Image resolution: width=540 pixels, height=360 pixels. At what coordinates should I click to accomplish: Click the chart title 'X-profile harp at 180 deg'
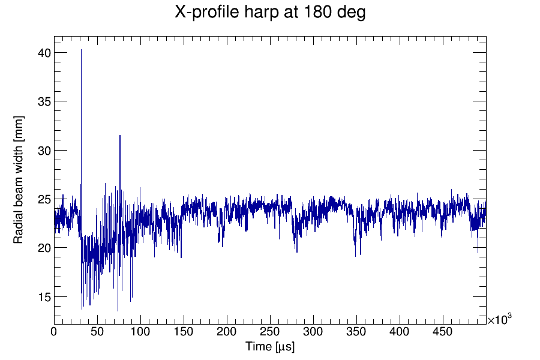click(270, 12)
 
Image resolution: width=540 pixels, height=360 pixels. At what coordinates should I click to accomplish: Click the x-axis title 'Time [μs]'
click(269, 347)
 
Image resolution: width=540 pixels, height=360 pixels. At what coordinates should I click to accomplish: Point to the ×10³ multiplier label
click(499, 320)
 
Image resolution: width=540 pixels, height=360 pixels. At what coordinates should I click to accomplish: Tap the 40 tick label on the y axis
click(43, 53)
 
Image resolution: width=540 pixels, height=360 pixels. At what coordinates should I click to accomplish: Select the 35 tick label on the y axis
click(43, 101)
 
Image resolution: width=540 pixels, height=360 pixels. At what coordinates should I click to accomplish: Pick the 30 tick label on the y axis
click(43, 151)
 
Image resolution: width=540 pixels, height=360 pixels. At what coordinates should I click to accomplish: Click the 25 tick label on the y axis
click(43, 199)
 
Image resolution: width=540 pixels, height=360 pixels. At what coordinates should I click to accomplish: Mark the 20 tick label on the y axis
click(43, 248)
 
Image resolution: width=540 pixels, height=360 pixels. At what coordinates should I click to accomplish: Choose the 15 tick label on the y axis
click(43, 297)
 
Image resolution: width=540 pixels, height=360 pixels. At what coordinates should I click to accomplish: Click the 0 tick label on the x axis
click(54, 331)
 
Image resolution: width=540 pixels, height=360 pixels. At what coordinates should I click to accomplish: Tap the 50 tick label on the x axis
click(97, 331)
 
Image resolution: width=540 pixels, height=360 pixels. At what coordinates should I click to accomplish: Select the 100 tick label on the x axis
click(140, 331)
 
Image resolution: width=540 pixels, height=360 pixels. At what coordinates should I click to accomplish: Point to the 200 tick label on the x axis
click(227, 331)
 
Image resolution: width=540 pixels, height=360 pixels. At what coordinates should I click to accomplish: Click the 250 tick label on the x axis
click(270, 331)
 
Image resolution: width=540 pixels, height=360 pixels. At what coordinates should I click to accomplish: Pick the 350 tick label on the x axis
click(356, 331)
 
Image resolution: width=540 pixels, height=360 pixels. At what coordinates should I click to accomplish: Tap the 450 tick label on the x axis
click(443, 331)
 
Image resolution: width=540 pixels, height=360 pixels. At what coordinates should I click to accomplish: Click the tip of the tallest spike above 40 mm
click(82, 50)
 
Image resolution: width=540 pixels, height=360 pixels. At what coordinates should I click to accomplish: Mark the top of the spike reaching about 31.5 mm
click(120, 136)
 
